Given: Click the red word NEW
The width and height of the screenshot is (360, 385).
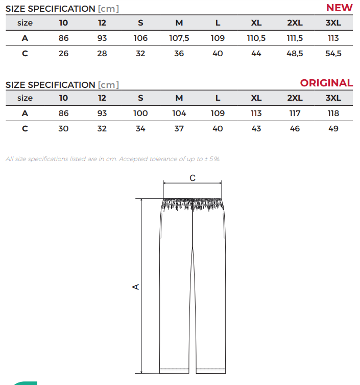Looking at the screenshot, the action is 339,8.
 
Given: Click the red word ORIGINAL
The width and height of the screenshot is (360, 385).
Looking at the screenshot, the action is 326,83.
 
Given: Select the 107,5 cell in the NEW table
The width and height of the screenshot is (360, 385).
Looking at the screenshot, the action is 179,38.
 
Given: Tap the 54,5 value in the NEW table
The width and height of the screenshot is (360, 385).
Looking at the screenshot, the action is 333,54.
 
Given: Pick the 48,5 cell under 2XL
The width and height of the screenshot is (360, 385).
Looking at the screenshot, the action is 295,54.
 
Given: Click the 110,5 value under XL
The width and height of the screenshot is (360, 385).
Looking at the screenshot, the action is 256,38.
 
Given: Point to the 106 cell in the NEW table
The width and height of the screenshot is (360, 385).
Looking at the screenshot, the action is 140,38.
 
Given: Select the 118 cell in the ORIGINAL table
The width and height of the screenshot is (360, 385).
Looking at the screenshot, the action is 333,113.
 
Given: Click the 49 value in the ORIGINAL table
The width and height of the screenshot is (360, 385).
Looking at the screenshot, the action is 333,128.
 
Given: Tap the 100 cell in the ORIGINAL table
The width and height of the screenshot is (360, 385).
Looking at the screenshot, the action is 140,113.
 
